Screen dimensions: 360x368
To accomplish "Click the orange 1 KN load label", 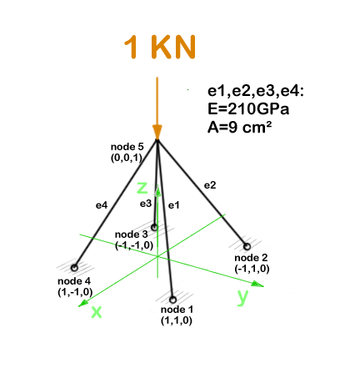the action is pos(160,47).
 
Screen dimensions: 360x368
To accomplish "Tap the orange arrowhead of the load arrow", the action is pos(157,132).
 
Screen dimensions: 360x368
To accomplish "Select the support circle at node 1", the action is pos(172,300).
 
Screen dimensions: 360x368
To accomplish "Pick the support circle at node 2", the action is pos(247,246).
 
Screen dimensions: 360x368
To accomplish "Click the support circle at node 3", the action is pos(154,228).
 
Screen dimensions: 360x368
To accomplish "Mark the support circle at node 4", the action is pos(74,268).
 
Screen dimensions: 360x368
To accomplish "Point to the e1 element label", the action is pos(174,205).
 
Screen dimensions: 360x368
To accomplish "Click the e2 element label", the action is pos(210,185).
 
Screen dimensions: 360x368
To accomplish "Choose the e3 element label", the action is pos(146,204).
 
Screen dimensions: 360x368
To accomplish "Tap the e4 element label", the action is pos(102,205).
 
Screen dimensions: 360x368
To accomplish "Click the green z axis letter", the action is pos(142,188).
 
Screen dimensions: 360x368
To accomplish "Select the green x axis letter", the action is pos(97,312).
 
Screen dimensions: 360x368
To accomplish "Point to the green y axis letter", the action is pos(242,298).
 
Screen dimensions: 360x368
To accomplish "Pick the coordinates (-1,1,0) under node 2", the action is pos(252,269).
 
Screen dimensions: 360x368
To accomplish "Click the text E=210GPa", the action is pos(248,109).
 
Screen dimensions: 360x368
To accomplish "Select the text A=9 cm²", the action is pos(239,128).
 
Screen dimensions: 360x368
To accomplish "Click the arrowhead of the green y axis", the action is pos(257,284).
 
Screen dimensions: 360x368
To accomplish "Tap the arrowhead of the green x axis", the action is pos(83,303).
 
